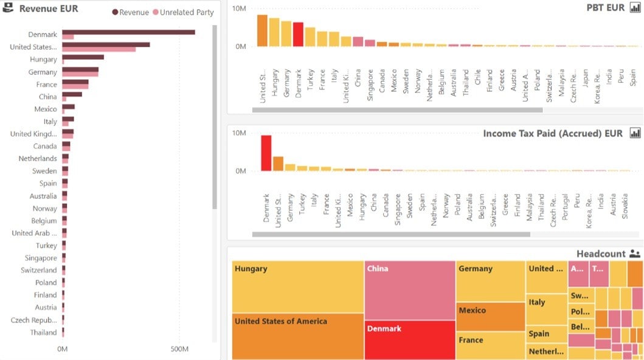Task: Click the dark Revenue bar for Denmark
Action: point(128,32)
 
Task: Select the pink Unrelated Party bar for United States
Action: point(99,49)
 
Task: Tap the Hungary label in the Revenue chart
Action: point(43,60)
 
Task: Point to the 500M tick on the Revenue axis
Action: point(179,349)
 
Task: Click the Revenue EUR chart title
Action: point(49,9)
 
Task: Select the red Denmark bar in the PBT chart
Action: point(298,35)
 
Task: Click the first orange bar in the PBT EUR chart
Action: point(263,30)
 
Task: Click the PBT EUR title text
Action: point(605,7)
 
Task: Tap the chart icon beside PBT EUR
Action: point(635,7)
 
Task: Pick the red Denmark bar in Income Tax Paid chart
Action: point(266,153)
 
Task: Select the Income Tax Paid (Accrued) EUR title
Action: point(552,133)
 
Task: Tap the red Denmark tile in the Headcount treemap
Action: point(409,340)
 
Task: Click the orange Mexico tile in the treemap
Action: point(490,316)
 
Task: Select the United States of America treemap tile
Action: point(298,336)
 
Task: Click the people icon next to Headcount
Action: point(635,254)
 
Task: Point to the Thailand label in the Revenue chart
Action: point(43,333)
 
